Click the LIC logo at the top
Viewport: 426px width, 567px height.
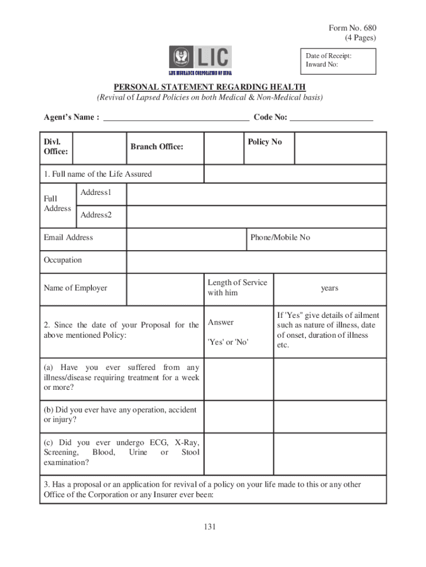click(x=200, y=60)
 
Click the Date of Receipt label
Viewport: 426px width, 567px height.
click(x=329, y=55)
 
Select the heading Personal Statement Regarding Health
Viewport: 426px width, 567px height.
click(x=210, y=87)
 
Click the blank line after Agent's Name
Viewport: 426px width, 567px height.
click(x=176, y=117)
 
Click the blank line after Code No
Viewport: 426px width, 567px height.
click(x=331, y=117)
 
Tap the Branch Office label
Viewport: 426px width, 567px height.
click(x=157, y=147)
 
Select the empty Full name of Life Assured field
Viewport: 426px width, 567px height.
click(x=295, y=174)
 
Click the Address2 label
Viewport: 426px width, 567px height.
click(x=96, y=215)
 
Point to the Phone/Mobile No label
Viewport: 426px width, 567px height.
click(x=280, y=238)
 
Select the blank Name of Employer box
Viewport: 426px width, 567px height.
click(x=164, y=288)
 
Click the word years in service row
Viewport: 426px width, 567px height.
click(x=330, y=288)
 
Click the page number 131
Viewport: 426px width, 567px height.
click(x=209, y=527)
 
